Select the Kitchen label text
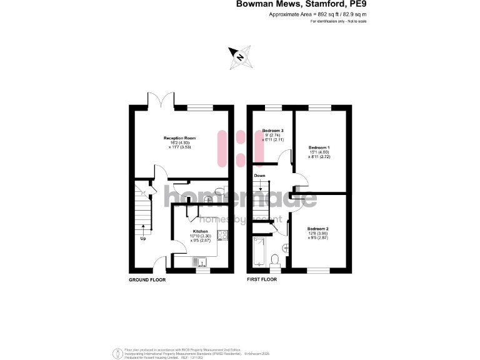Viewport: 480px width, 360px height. (x=200, y=231)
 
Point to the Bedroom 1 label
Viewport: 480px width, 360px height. (x=319, y=147)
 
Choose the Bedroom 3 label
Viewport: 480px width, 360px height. (x=273, y=131)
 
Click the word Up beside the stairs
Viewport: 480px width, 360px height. (x=143, y=238)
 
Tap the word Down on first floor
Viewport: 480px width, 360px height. (x=260, y=176)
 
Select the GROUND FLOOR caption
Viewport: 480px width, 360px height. (x=147, y=280)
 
